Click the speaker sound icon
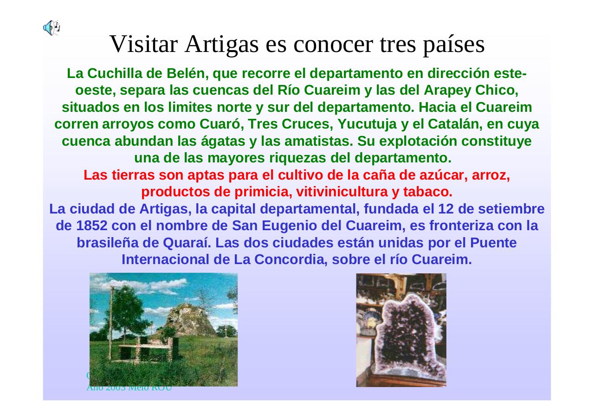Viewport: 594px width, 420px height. coord(52,28)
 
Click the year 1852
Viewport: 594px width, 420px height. coord(91,226)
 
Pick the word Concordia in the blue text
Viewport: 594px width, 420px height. coord(290,259)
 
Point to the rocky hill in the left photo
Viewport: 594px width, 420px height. coord(193,320)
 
